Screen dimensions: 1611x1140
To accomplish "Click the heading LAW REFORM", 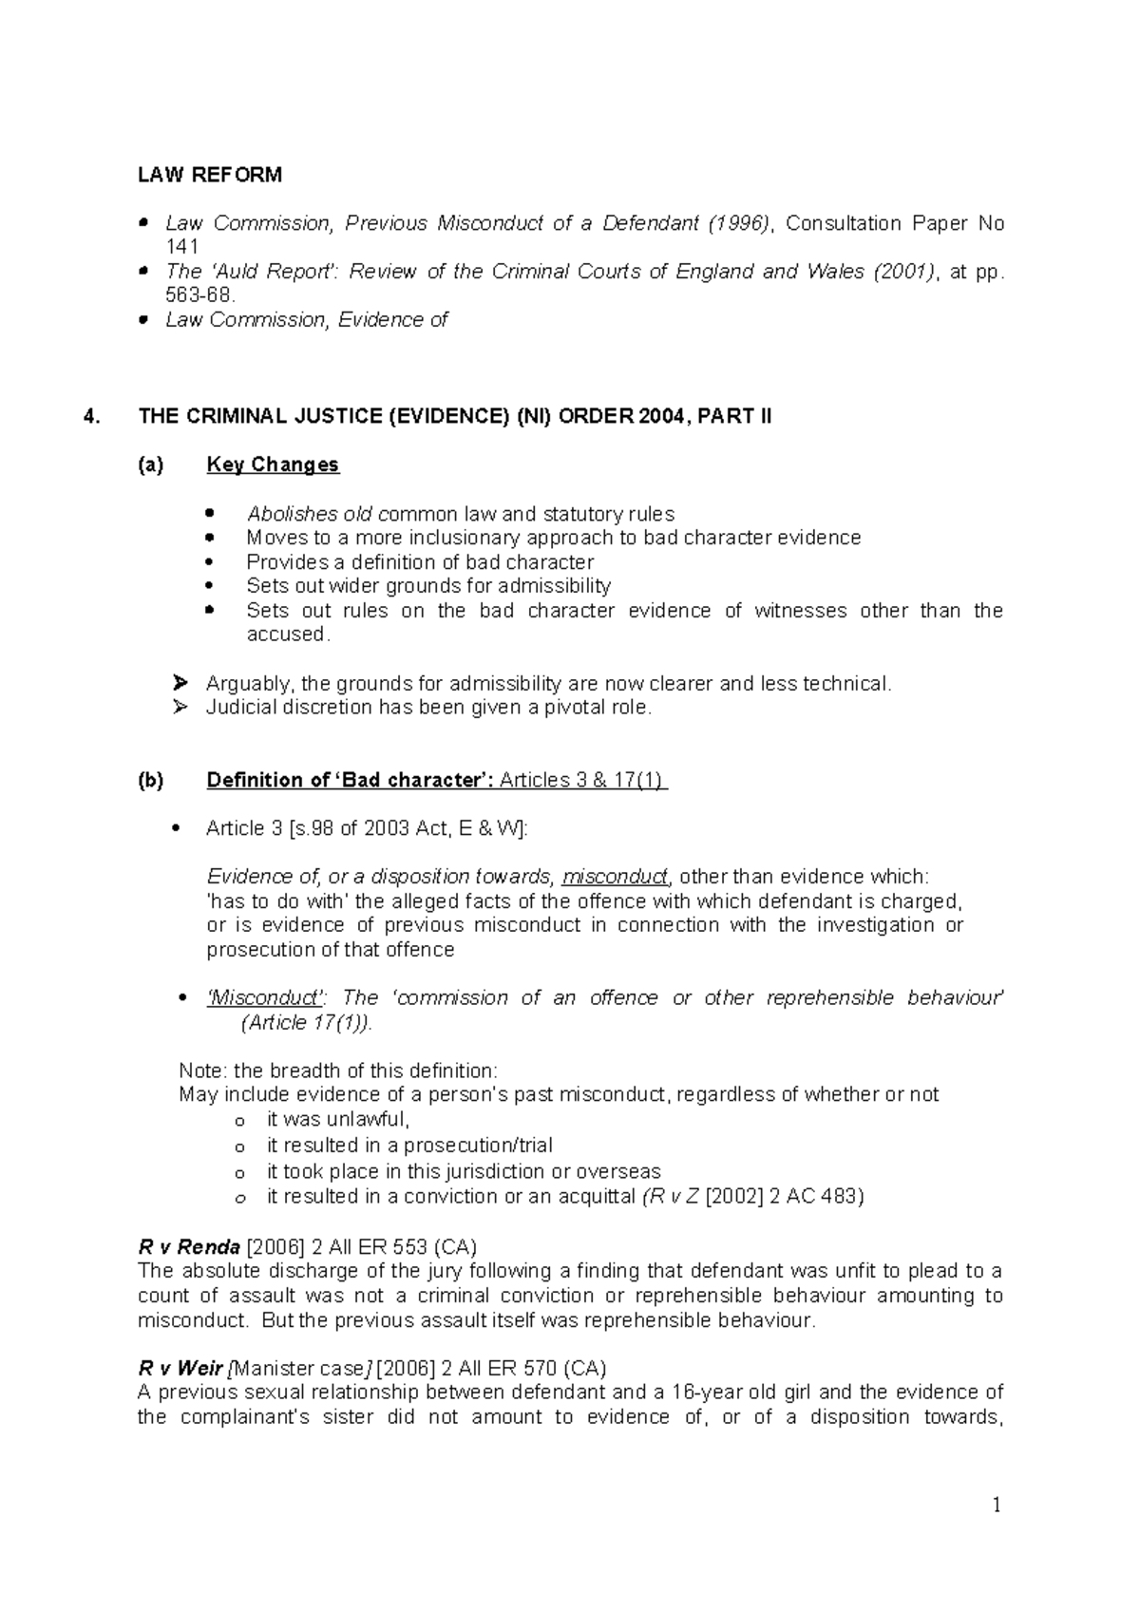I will tap(210, 175).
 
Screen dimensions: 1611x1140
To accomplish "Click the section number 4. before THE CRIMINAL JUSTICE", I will tap(90, 416).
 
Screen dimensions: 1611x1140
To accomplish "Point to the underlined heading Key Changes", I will tap(273, 464).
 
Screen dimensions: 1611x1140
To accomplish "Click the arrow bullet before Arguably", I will tap(181, 683).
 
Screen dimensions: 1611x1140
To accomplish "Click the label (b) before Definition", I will tap(150, 780).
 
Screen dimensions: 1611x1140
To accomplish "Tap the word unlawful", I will tap(369, 1119).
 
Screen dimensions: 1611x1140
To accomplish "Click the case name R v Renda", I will tap(189, 1246).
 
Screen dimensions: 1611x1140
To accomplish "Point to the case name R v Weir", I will tap(181, 1368).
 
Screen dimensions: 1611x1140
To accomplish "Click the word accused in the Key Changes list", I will tap(287, 635).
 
